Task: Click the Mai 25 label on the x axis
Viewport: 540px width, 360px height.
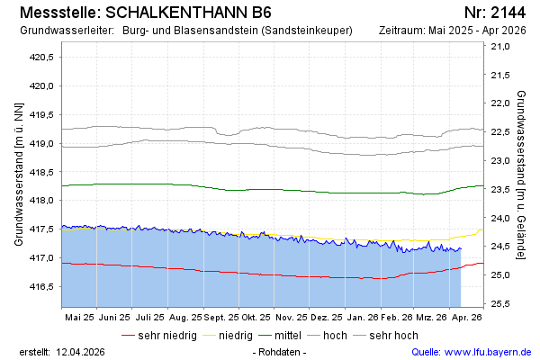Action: pos(80,317)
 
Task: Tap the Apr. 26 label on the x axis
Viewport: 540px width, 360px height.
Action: pos(466,317)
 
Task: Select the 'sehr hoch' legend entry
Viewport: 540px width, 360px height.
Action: pos(393,336)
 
